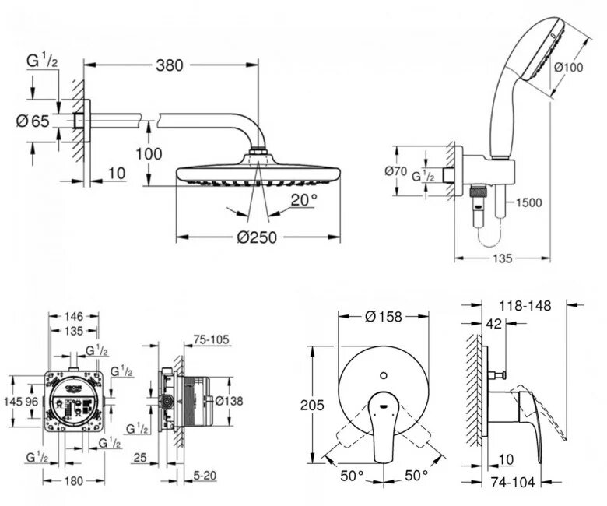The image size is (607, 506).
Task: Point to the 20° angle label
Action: (303, 199)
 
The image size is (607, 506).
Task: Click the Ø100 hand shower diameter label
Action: (568, 67)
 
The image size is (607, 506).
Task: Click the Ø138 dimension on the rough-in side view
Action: (230, 400)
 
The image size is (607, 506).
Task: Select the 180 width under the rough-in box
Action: (73, 481)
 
